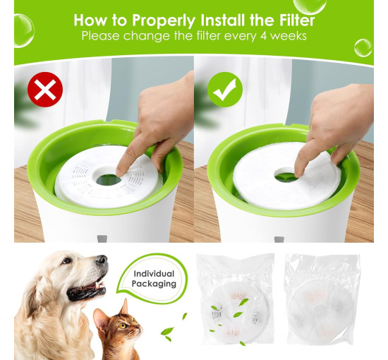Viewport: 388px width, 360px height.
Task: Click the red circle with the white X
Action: pyautogui.click(x=45, y=90)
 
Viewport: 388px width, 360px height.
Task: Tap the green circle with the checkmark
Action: pyautogui.click(x=224, y=90)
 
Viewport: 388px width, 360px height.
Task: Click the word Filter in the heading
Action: pyautogui.click(x=297, y=20)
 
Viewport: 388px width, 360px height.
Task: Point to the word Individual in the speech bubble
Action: pyautogui.click(x=154, y=274)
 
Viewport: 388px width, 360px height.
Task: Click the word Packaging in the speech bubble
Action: pyautogui.click(x=154, y=284)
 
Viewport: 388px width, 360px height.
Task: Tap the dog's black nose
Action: pyautogui.click(x=102, y=260)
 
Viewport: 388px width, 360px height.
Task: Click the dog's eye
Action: pyautogui.click(x=66, y=260)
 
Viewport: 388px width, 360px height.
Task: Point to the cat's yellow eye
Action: pyautogui.click(x=122, y=325)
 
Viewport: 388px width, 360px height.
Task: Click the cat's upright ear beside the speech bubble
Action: pyautogui.click(x=123, y=307)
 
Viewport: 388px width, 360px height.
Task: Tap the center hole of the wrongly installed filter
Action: pyautogui.click(x=109, y=180)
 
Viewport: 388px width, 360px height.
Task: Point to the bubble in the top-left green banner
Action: pyautogui.click(x=23, y=30)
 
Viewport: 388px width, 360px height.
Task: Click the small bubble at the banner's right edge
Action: pyautogui.click(x=363, y=48)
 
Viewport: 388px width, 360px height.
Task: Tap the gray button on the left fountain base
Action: pyautogui.click(x=102, y=239)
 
